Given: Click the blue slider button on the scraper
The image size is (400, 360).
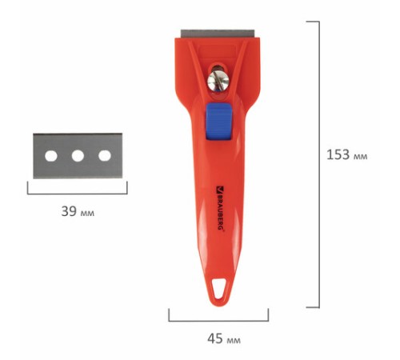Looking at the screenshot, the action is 218,122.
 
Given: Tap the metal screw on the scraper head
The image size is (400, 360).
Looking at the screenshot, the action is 218,80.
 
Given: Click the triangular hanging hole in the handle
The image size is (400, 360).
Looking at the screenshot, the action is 219,289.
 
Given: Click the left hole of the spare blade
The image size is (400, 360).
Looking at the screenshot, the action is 51,156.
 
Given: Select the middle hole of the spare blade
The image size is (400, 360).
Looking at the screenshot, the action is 78,156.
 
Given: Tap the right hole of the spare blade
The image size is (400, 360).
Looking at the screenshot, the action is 105,156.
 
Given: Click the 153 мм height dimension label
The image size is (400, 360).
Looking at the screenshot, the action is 347,154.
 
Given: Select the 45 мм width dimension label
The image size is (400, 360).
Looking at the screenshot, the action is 224,338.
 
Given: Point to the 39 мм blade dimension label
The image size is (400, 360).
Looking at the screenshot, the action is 78,211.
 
